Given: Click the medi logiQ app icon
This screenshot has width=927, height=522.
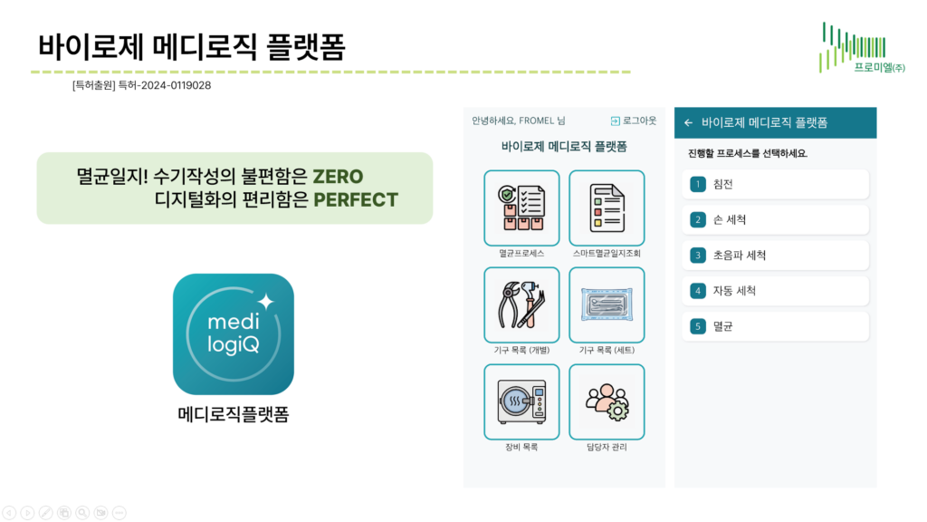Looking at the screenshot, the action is pyautogui.click(x=234, y=333).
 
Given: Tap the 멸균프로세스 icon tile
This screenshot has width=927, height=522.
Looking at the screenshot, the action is pyautogui.click(x=521, y=208).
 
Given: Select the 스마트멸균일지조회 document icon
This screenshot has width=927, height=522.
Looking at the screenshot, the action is pyautogui.click(x=607, y=208).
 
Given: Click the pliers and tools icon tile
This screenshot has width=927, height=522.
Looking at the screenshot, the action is pyautogui.click(x=521, y=304).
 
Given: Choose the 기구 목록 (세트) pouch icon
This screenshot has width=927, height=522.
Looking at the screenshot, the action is pyautogui.click(x=607, y=304).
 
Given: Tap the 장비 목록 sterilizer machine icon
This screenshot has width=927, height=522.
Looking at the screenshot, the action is pyautogui.click(x=521, y=401).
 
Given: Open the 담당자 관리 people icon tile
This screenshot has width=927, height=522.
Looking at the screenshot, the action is pyautogui.click(x=607, y=401).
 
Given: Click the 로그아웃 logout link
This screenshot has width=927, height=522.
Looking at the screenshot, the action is pyautogui.click(x=633, y=121).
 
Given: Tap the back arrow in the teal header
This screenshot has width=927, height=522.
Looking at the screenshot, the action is pyautogui.click(x=688, y=123).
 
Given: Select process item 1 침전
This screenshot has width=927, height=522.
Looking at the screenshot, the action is pyautogui.click(x=776, y=184).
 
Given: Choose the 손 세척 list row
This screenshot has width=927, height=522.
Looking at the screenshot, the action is pyautogui.click(x=776, y=219).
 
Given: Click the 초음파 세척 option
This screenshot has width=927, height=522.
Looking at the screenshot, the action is pyautogui.click(x=776, y=255).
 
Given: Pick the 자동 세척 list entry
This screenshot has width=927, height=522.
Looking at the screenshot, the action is pyautogui.click(x=776, y=291).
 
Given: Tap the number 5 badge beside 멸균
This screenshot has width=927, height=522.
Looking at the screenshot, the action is pyautogui.click(x=698, y=326).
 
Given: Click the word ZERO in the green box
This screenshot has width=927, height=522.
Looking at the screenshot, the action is pyautogui.click(x=338, y=177).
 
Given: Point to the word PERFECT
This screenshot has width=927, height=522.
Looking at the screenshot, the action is pyautogui.click(x=356, y=200).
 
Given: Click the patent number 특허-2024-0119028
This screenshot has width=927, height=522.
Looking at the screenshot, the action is pyautogui.click(x=165, y=85).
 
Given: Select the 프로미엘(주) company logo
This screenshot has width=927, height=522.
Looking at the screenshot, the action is pyautogui.click(x=862, y=48).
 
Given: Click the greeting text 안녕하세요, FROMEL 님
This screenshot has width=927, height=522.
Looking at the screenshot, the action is pyautogui.click(x=519, y=121).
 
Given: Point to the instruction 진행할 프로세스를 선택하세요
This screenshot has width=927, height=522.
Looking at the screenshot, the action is pyautogui.click(x=747, y=153).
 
